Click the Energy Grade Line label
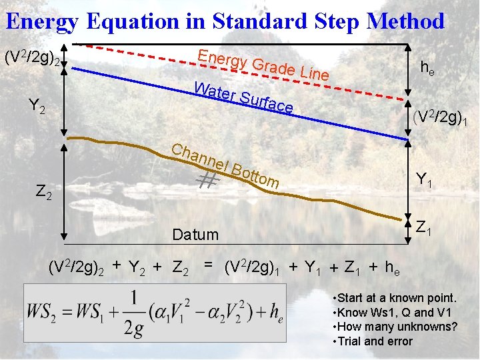(x=263, y=64)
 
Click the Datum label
(x=195, y=235)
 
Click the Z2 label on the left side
(x=43, y=193)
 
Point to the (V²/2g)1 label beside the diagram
(x=444, y=119)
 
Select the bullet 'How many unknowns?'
(x=395, y=327)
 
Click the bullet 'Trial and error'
(x=373, y=341)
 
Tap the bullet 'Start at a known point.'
(x=395, y=298)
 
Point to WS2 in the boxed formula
(x=44, y=311)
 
